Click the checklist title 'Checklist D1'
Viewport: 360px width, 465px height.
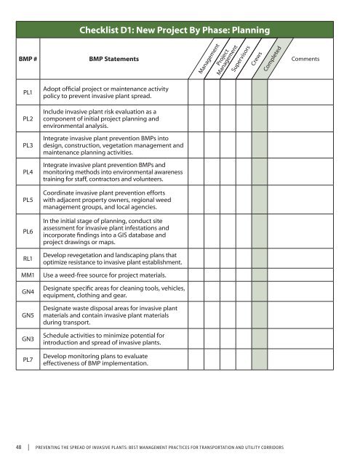click(x=177, y=30)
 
